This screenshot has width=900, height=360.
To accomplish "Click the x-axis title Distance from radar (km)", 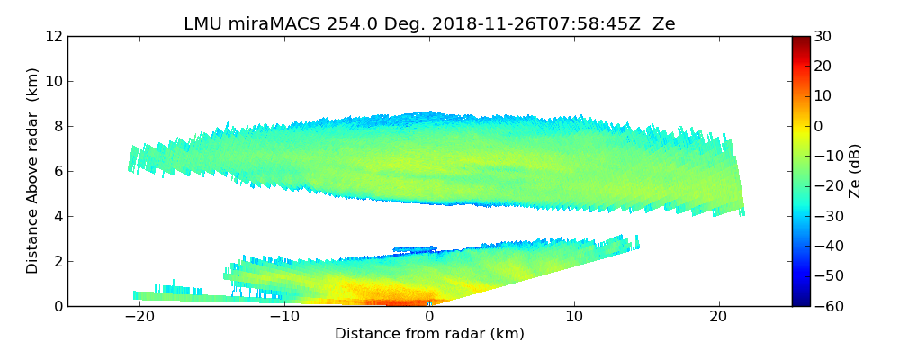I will [x=429, y=334].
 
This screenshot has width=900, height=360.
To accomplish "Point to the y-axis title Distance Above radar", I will [x=33, y=170].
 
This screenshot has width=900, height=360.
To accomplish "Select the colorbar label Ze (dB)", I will [x=855, y=171].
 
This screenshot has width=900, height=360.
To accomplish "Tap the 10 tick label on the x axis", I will [x=574, y=317].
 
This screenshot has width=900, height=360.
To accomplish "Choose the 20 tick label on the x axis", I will [x=718, y=317].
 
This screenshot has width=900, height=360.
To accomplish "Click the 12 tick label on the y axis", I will [x=53, y=36].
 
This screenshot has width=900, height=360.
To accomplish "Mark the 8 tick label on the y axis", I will [x=58, y=126].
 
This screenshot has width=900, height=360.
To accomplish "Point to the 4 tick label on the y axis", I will [x=58, y=216].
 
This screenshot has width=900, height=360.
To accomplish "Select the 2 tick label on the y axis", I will [x=58, y=261].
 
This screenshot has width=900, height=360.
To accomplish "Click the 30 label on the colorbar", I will [x=823, y=36].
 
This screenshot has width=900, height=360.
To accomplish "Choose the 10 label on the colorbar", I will [x=823, y=96].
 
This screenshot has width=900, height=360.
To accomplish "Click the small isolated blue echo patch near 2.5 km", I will [x=415, y=248].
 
